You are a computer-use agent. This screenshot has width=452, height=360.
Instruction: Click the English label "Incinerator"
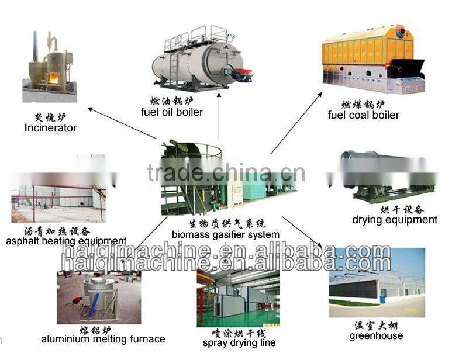tap(50, 127)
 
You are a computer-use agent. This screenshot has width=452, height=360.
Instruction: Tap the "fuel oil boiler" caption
tap(172, 112)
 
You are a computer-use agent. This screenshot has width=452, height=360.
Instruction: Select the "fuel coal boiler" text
tap(363, 115)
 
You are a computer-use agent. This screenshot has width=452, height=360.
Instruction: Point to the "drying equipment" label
tap(395, 220)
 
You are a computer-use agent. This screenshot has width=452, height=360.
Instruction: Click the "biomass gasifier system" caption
tap(217, 234)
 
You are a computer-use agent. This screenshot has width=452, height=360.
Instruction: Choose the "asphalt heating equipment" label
tap(66, 241)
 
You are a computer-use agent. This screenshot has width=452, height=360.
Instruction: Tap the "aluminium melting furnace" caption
tap(103, 339)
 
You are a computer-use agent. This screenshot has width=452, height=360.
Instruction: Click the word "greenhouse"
tap(376, 335)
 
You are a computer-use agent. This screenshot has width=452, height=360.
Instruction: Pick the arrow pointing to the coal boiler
tap(295, 122)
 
